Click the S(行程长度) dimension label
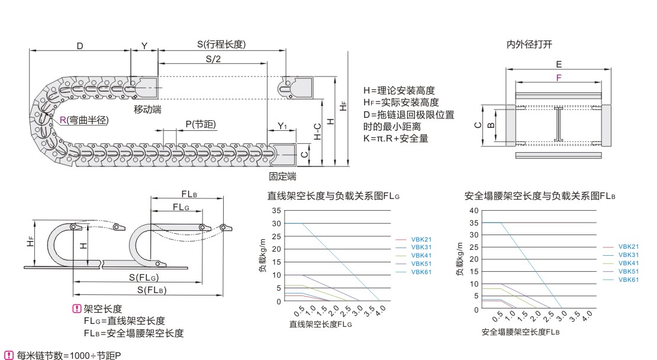221,45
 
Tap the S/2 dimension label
213,59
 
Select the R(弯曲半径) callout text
83,120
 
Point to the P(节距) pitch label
200,124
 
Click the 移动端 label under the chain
147,110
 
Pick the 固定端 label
282,176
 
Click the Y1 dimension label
282,126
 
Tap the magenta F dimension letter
558,77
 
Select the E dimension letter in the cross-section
558,65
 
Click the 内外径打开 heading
529,44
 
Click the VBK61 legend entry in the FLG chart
421,272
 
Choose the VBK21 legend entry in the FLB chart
628,246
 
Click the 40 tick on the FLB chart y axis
473,210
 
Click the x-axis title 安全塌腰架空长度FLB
520,332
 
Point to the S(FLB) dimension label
151,290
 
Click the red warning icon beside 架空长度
76,308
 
